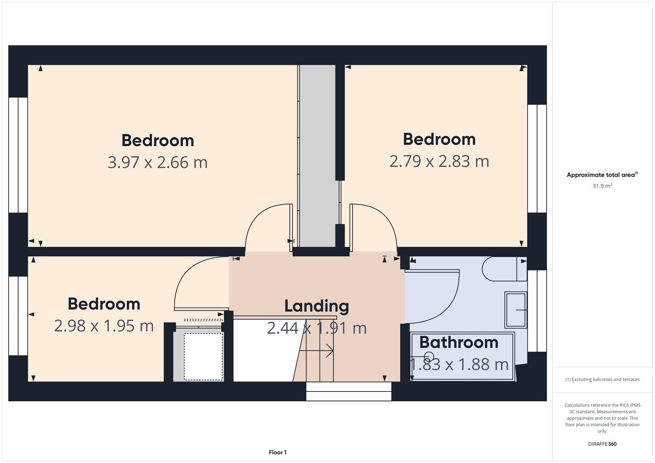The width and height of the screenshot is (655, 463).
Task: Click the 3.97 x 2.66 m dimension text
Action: point(157,162)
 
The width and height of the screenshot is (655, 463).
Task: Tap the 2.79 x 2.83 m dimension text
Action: point(439,161)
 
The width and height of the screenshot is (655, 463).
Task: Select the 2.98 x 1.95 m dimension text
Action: point(104,326)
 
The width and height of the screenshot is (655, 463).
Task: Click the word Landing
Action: point(317,307)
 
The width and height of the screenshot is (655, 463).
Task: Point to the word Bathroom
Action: point(459,342)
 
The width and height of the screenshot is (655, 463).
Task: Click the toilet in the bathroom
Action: point(504,269)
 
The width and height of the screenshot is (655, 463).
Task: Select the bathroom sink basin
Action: point(516,310)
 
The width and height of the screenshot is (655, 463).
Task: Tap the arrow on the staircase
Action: point(317,351)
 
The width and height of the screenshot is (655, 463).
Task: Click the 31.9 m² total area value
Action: point(602,186)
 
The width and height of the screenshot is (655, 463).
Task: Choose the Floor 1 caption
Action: point(278,452)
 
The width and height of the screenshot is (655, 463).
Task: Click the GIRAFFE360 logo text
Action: point(602,444)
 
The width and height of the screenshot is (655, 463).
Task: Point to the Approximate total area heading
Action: point(602,174)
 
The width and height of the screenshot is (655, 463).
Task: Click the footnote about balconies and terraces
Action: point(602,379)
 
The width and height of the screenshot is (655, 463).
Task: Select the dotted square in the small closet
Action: point(203,357)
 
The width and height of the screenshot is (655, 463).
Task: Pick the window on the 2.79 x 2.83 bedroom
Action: point(537,159)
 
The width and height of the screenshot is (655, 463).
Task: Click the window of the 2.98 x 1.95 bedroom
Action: point(18,316)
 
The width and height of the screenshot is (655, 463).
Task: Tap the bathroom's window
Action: point(537,311)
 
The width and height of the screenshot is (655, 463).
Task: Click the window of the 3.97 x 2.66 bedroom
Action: point(18,155)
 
